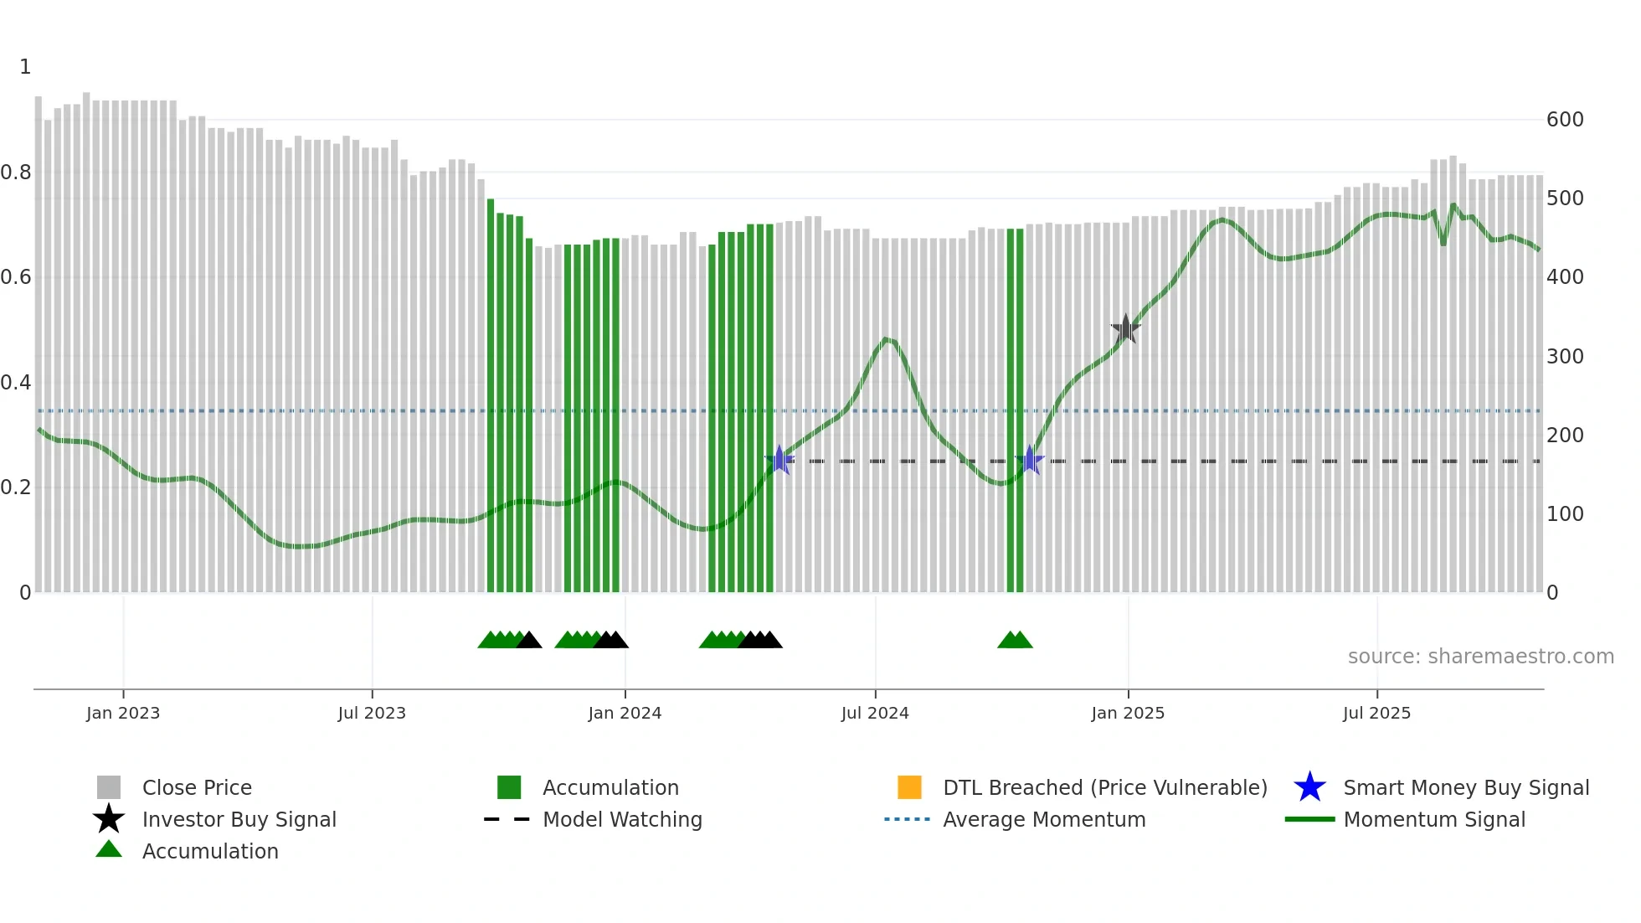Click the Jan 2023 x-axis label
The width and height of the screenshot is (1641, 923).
[x=123, y=713]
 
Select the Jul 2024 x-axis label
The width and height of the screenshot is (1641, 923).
[x=875, y=713]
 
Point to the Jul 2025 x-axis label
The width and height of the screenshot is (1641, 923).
[x=1376, y=713]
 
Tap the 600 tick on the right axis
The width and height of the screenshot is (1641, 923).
[x=1565, y=120]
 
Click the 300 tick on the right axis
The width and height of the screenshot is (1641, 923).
[x=1565, y=356]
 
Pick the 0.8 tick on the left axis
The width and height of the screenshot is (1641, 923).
[x=16, y=173]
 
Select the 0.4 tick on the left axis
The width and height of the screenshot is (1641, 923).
[x=16, y=383]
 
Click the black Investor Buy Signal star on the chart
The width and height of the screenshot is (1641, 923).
[x=1126, y=328]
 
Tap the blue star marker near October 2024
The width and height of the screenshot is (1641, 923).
[x=1030, y=460]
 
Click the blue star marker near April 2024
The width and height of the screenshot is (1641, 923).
[x=779, y=460]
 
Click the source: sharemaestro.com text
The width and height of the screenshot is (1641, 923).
[x=1480, y=656]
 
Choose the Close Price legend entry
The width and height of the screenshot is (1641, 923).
[x=197, y=787]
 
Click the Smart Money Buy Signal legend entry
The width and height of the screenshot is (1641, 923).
[x=1466, y=787]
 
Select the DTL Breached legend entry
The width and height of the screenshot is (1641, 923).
[x=1104, y=787]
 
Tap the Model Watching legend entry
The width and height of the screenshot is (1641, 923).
[x=622, y=819]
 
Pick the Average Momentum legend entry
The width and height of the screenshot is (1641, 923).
[x=1044, y=819]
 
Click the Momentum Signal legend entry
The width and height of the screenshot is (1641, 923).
[x=1434, y=819]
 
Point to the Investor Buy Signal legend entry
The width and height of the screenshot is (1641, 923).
[x=239, y=819]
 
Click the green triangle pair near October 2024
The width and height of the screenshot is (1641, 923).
[x=1015, y=640]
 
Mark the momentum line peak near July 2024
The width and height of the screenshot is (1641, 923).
[x=887, y=339]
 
